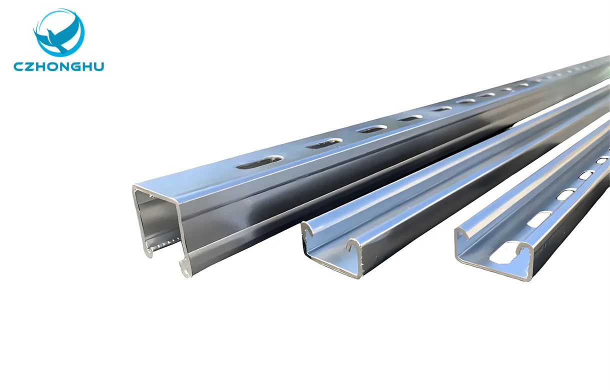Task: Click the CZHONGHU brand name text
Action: pyautogui.click(x=59, y=66)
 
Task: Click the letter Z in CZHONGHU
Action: pyautogui.click(x=28, y=66)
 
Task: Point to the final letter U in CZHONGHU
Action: pyautogui.click(x=98, y=66)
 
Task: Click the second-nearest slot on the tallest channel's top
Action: pyautogui.click(x=324, y=143)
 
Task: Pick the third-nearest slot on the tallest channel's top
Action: pyautogui.click(x=372, y=129)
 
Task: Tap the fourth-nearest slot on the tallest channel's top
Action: pyautogui.click(x=410, y=118)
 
